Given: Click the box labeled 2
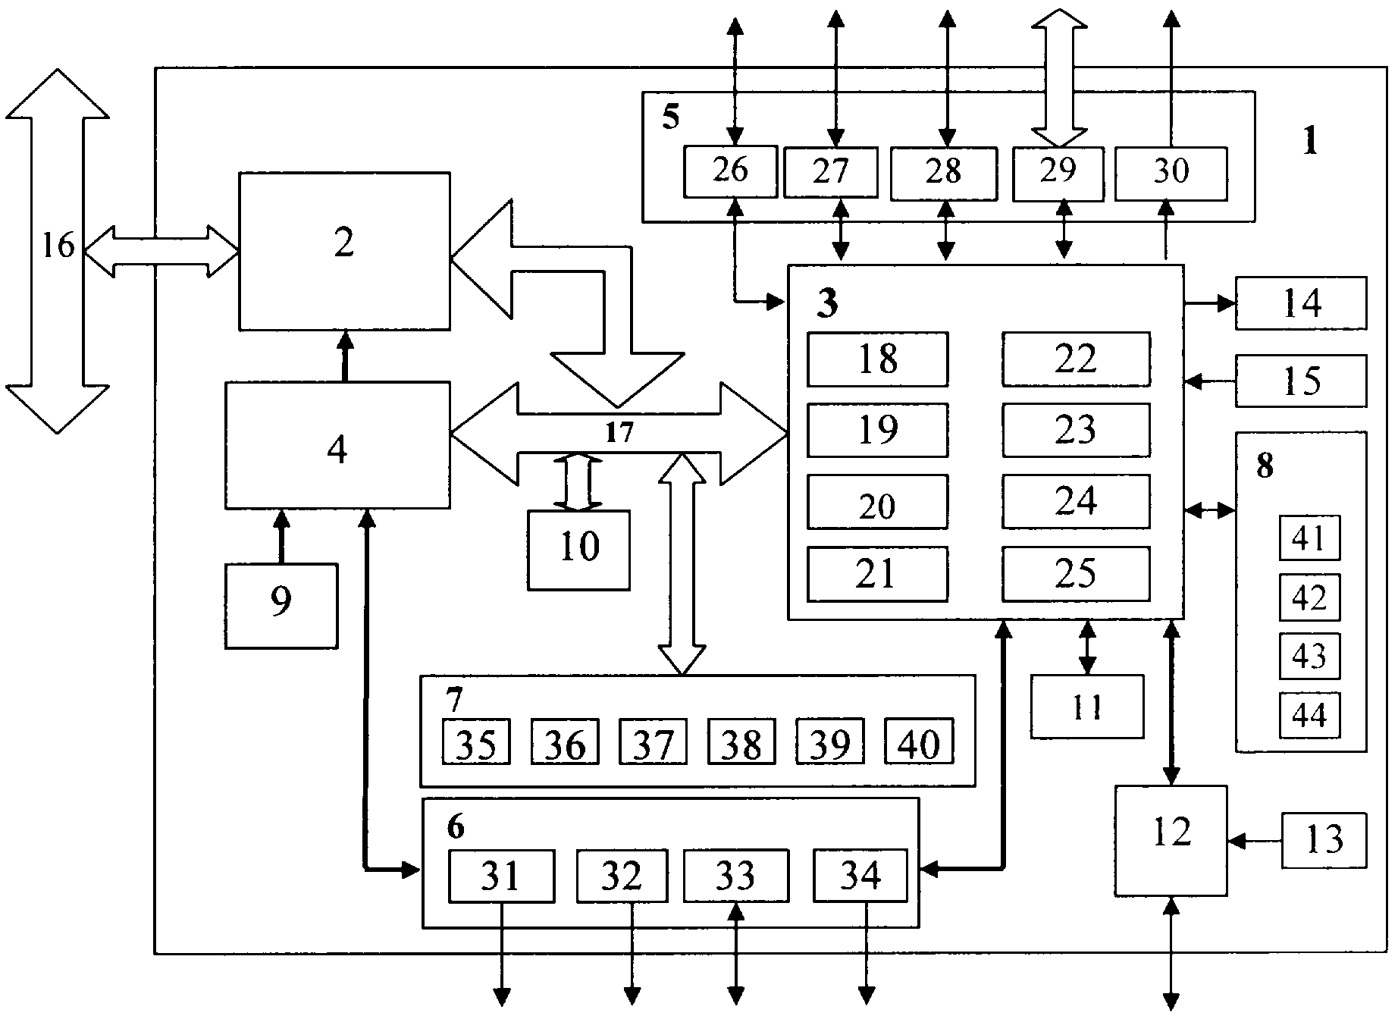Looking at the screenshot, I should tap(344, 251).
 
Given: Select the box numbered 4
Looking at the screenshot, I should tap(337, 445).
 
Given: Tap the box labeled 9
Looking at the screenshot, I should tap(281, 605).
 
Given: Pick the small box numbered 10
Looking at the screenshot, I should tap(579, 550).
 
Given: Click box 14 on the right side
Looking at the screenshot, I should tap(1301, 303).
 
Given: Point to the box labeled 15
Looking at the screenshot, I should tap(1301, 381).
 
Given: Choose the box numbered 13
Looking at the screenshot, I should tap(1324, 840).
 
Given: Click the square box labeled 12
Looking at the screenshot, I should tap(1171, 840).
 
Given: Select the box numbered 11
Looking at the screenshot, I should tap(1086, 707).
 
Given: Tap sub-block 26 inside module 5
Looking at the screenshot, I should tap(730, 171).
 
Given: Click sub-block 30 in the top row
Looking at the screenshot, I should tap(1171, 174).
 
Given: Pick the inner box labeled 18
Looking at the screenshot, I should tap(877, 359).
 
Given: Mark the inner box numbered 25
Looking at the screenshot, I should tap(1076, 574).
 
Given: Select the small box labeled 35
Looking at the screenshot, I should tap(476, 742).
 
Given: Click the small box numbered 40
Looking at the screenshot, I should tap(919, 742).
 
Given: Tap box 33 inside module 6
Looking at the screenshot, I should tap(735, 876).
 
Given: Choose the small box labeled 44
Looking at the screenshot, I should tap(1309, 715).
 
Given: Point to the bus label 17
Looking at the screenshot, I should tap(619, 433).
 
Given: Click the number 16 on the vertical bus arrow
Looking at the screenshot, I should tap(58, 246).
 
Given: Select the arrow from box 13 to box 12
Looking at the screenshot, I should tap(1255, 840).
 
